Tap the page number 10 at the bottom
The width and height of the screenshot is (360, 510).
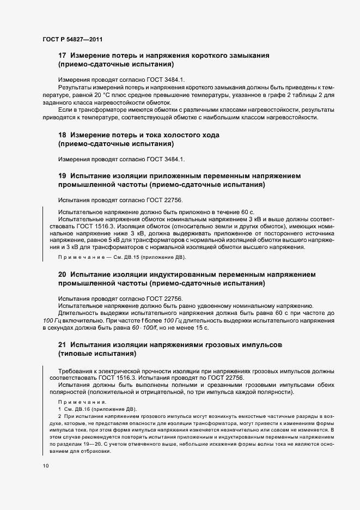coord(45,466)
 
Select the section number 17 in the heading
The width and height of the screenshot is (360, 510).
coord(62,56)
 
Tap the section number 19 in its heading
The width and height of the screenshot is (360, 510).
coord(62,176)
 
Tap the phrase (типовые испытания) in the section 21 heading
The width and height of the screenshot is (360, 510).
coord(96,354)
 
